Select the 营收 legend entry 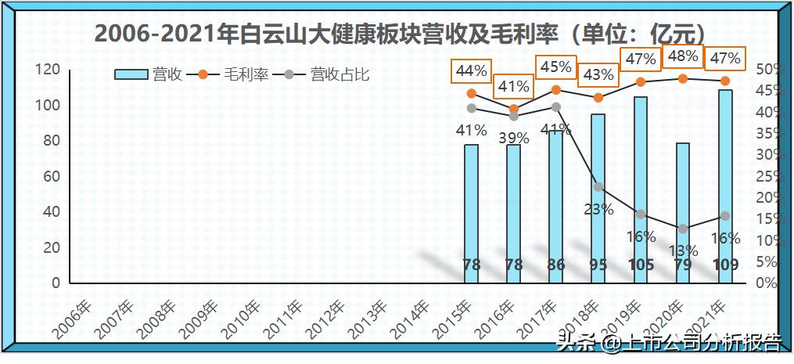tap(149, 74)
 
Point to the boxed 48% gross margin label tap(683, 56)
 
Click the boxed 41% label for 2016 tap(513, 86)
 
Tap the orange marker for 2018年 tap(598, 98)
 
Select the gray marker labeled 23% tap(598, 187)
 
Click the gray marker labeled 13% tap(683, 229)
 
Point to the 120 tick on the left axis tap(50, 70)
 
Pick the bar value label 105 tap(641, 265)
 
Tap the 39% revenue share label tap(514, 139)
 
